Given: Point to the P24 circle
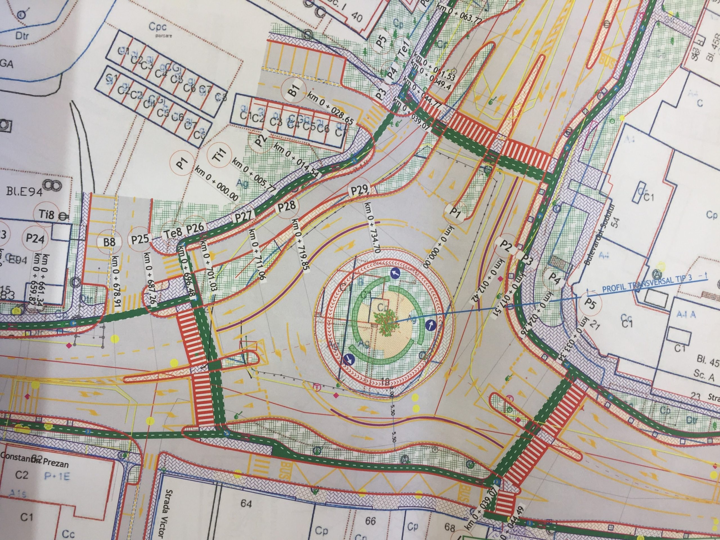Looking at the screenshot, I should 35,239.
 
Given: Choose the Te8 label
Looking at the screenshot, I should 171,233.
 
